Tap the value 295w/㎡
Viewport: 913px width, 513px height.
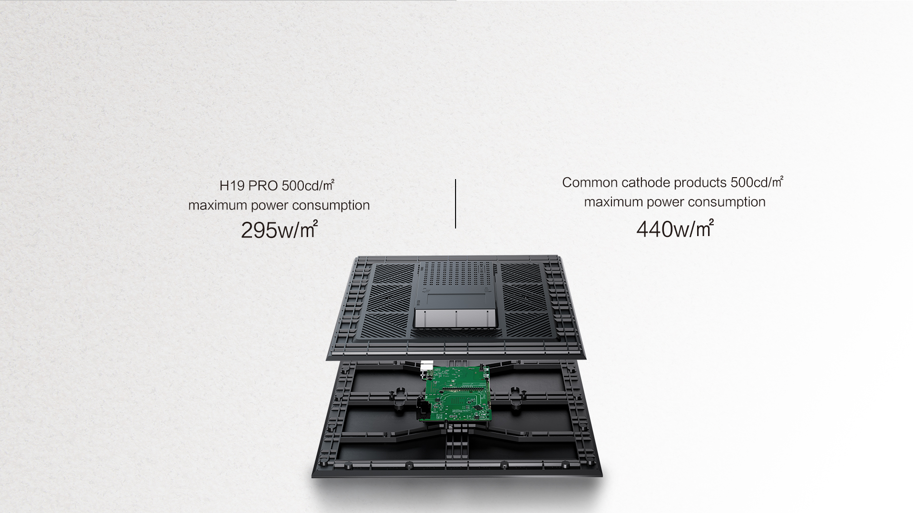[279, 230]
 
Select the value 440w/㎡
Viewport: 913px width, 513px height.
[675, 228]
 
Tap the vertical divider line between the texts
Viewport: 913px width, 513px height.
[456, 204]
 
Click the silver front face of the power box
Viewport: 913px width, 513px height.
[456, 318]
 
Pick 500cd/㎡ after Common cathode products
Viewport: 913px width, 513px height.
[757, 182]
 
